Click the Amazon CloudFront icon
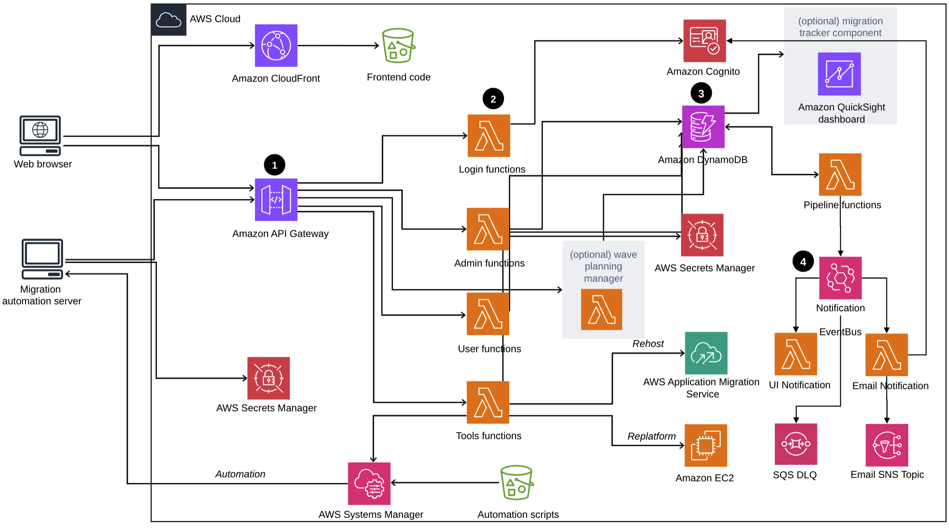click(x=276, y=46)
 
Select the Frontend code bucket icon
click(x=398, y=46)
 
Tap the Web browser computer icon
click(x=40, y=135)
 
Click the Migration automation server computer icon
click(x=43, y=258)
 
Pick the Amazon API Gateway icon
click(x=276, y=200)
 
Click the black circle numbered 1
click(x=275, y=165)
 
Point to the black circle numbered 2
click(x=493, y=99)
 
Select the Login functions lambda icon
click(x=489, y=136)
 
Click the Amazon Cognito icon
click(x=704, y=41)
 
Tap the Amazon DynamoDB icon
click(x=703, y=127)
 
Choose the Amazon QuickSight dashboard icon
click(x=839, y=74)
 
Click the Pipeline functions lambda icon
click(x=840, y=175)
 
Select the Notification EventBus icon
click(x=840, y=278)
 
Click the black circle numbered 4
click(x=803, y=262)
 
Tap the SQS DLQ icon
click(x=796, y=444)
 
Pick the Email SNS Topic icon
click(x=886, y=445)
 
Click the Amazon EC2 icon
click(x=706, y=446)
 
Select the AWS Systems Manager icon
click(x=369, y=484)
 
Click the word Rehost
click(x=648, y=344)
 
